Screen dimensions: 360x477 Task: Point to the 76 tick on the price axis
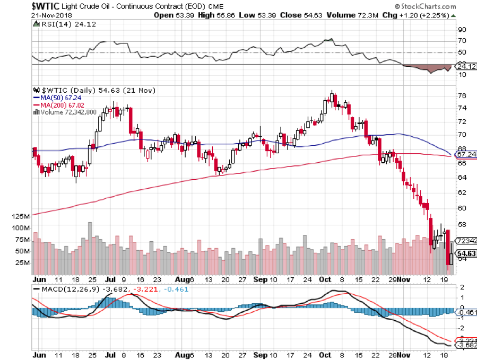(x=462, y=96)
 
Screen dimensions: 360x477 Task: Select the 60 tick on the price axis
(x=462, y=208)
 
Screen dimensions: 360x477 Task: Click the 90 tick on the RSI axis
(x=462, y=30)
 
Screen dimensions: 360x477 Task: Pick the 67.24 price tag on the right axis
(x=466, y=154)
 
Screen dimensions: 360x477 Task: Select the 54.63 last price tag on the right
(x=466, y=253)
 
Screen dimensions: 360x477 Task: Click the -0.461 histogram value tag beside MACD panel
(x=465, y=313)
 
